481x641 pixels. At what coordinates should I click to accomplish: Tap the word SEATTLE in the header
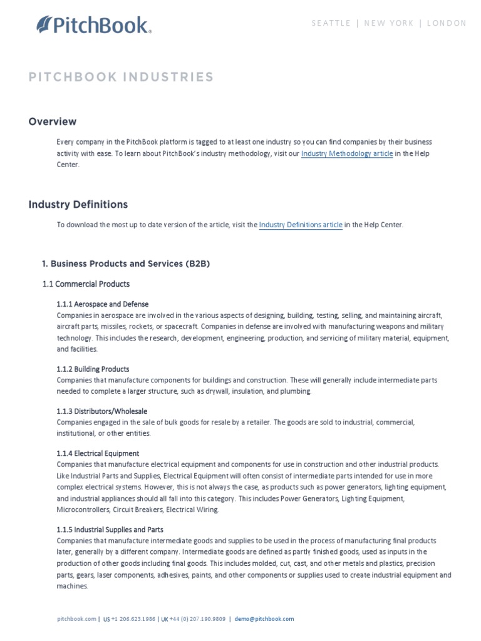331,23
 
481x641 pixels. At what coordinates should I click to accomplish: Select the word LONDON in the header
447,23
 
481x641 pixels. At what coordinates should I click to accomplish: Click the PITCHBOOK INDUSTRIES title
121,77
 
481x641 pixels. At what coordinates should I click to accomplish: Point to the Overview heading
53,121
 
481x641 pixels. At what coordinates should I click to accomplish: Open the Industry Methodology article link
347,153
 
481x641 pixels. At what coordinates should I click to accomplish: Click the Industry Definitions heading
78,204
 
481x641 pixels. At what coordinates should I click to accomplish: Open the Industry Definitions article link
301,225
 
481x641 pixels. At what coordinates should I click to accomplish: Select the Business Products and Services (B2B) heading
126,264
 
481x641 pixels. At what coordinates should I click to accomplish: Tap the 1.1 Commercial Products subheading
86,284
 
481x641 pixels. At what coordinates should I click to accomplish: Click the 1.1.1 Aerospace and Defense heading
103,304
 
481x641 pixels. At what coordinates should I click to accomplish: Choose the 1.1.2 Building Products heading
93,369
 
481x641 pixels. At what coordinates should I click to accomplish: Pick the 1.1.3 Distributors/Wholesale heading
102,411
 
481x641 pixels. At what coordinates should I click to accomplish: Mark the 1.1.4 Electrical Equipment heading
98,453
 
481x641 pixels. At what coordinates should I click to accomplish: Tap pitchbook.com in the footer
76,619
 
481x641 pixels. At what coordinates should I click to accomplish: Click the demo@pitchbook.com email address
264,619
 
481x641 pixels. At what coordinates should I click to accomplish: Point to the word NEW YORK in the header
389,23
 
